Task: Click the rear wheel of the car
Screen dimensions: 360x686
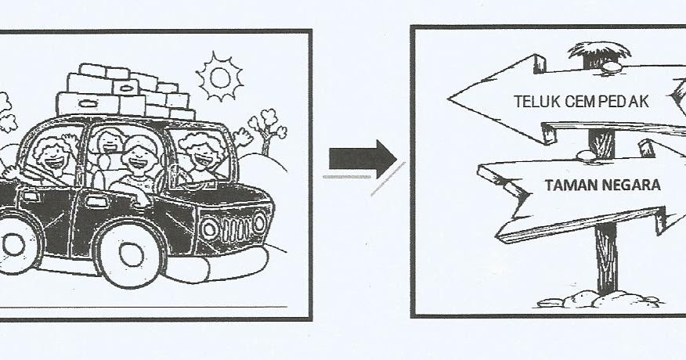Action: [11, 243]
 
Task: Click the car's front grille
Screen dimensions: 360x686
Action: [235, 226]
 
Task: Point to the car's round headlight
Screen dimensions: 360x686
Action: [209, 229]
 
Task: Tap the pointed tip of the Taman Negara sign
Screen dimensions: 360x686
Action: [480, 175]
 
